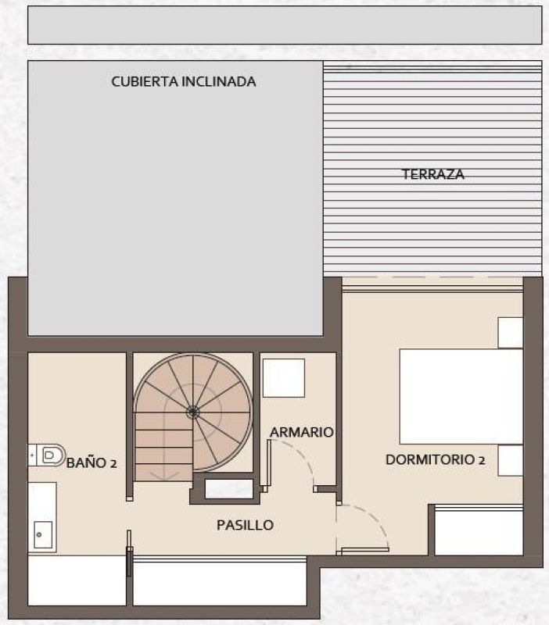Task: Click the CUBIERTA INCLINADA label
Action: pos(184,81)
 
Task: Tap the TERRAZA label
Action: pos(433,174)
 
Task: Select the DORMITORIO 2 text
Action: pos(435,460)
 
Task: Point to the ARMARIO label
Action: pos(302,432)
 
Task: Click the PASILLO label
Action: pos(245,525)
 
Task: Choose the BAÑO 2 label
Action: pos(91,462)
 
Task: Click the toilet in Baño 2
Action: pos(48,454)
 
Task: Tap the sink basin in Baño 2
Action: pos(41,535)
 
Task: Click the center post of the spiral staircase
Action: pos(192,412)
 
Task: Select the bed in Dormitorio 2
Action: pos(461,396)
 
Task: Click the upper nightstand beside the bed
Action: pos(510,333)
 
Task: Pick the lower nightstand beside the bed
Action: pos(510,460)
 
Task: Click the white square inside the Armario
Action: pos(283,378)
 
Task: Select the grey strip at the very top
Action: pos(285,25)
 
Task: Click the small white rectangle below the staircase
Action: pos(228,489)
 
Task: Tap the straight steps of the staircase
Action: pos(163,449)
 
